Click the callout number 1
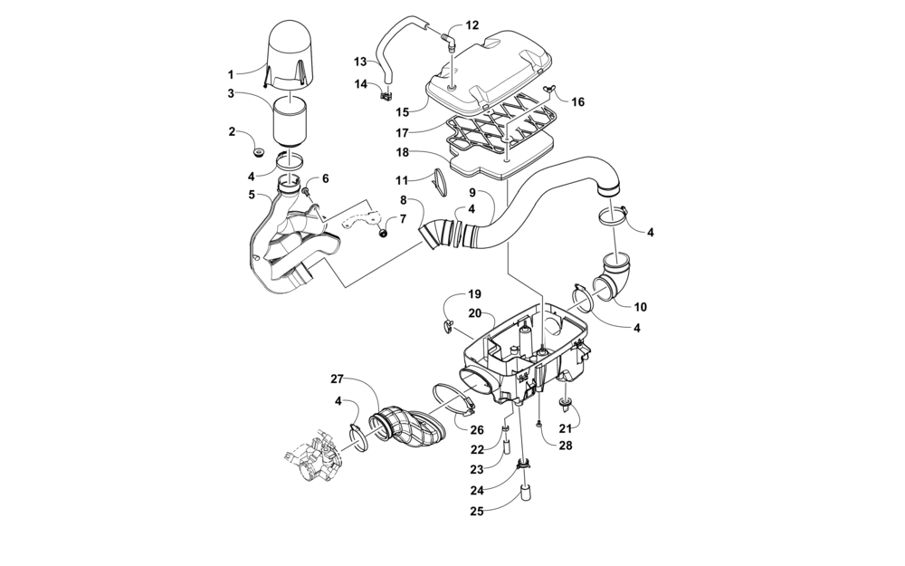231,73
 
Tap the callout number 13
359,62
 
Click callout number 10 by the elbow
639,306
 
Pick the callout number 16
578,101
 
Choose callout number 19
474,294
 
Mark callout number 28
566,446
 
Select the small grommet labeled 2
258,150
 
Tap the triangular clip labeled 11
440,182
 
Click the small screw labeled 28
539,423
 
